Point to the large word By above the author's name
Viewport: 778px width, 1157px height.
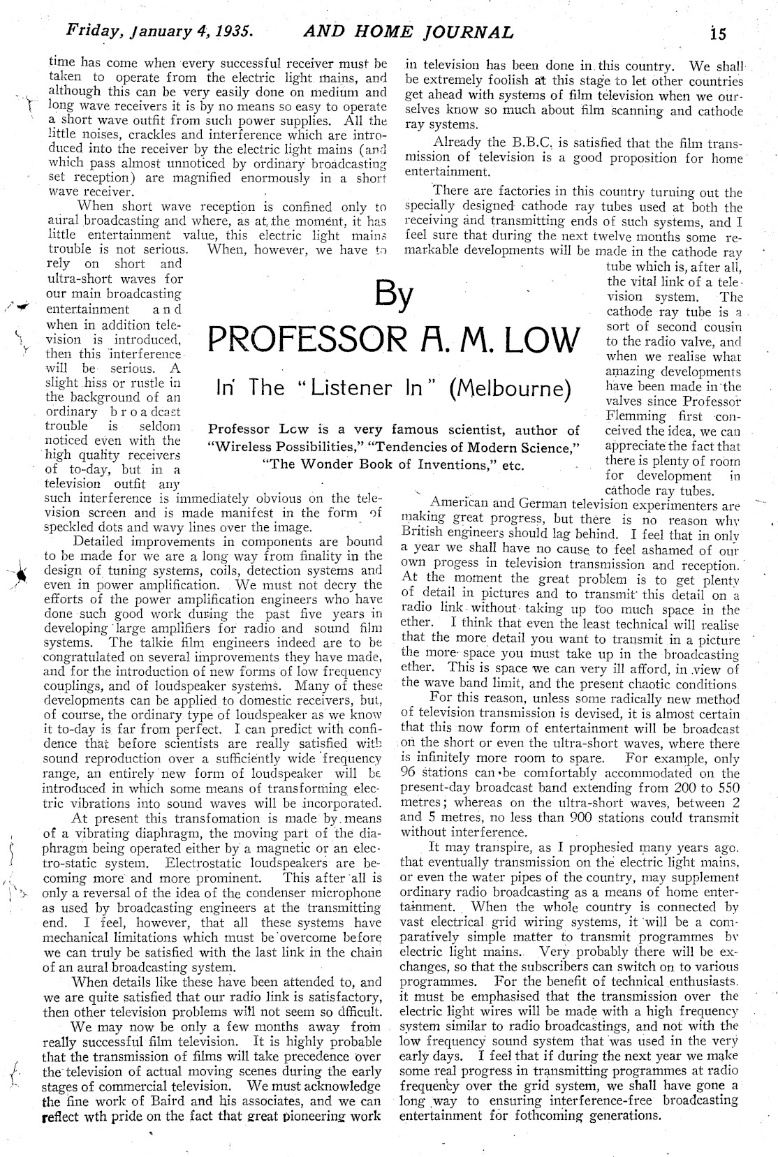coord(395,294)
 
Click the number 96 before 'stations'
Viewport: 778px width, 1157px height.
coord(409,773)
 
